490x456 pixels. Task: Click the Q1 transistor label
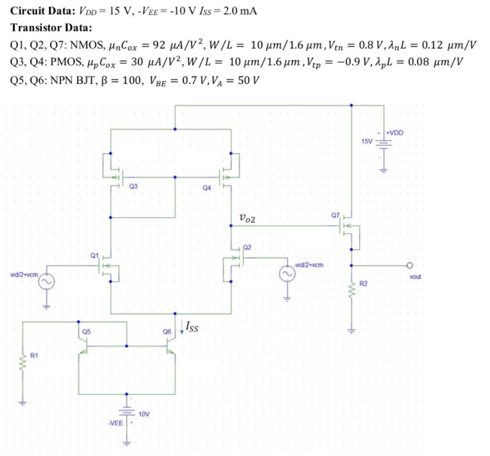tap(94, 254)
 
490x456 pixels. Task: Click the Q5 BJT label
tap(86, 331)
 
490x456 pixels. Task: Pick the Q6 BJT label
tap(167, 331)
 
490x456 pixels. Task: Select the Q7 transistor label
tap(335, 215)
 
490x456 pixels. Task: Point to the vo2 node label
tap(247, 219)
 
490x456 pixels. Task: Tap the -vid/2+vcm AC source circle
tap(287, 273)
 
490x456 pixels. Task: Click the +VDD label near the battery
tap(395, 133)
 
